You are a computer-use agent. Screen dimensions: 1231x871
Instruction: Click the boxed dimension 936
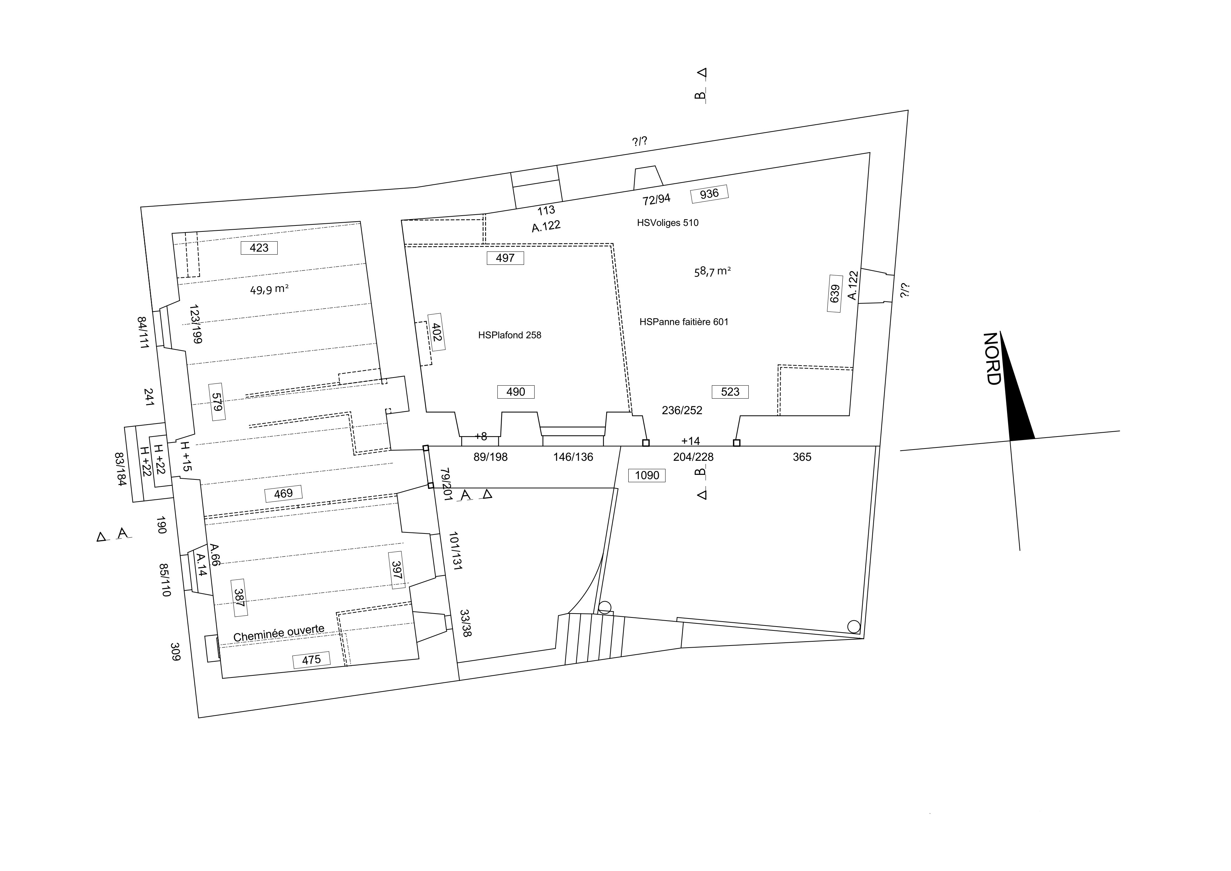point(709,194)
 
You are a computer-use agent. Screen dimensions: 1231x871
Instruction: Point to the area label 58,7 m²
point(713,271)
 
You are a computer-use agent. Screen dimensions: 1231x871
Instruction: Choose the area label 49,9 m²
point(269,290)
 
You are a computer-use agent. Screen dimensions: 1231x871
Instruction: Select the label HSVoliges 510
point(668,223)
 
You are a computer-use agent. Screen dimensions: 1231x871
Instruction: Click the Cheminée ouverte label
point(279,633)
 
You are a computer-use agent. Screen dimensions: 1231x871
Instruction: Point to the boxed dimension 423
point(259,248)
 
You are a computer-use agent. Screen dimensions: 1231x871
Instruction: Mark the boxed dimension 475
point(311,660)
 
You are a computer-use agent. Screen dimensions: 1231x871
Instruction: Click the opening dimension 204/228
point(693,457)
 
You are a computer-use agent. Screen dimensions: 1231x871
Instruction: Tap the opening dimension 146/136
point(573,457)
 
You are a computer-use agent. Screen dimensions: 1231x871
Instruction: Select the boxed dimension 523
point(730,392)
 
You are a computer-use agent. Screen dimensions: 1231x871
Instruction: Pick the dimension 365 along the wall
point(802,457)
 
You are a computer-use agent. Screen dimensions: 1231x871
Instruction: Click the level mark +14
point(690,441)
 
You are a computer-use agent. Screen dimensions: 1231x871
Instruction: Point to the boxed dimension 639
point(834,293)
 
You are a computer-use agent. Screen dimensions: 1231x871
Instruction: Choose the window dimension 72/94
point(656,199)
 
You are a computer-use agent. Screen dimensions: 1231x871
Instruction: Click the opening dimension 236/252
point(682,410)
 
